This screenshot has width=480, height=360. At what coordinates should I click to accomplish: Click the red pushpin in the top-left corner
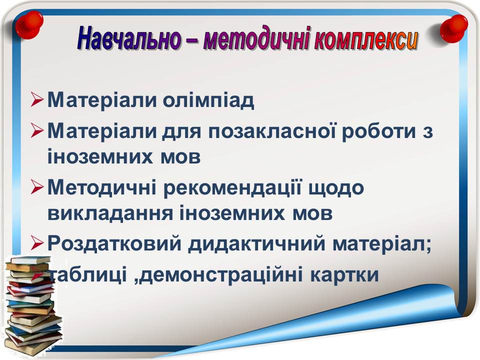[x=29, y=25]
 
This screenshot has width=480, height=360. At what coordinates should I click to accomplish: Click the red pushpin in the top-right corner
[x=454, y=28]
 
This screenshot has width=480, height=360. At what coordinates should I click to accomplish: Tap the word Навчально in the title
[x=129, y=38]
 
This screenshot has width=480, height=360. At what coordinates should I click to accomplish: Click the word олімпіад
[x=208, y=100]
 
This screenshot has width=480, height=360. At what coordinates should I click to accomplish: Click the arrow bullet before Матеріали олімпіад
[x=36, y=100]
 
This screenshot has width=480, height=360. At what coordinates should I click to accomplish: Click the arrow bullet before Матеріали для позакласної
[x=36, y=131]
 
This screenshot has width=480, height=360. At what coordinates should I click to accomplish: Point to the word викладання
[x=110, y=214]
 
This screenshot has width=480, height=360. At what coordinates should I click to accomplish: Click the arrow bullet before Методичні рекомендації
[x=36, y=187]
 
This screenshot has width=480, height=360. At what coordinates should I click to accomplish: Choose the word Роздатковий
[x=114, y=244]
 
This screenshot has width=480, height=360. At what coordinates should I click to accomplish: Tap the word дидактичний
[x=256, y=244]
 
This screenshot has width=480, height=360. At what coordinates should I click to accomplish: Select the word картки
[x=344, y=274]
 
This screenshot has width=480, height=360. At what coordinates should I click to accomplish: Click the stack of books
[x=32, y=306]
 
